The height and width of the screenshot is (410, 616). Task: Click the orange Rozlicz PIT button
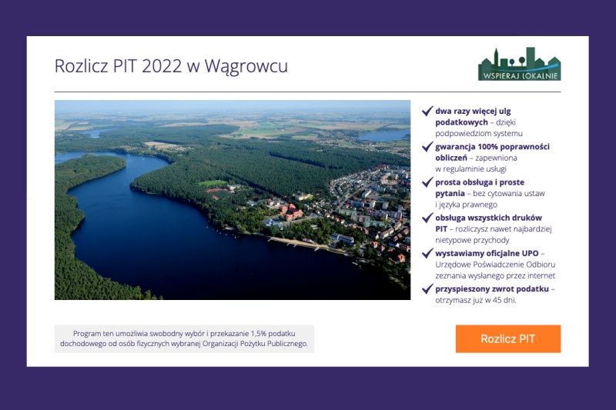point(508,338)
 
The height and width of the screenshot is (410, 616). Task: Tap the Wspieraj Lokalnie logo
point(519,64)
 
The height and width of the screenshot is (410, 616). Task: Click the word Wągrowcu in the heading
point(246,67)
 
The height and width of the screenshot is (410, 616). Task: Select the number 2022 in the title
point(162,66)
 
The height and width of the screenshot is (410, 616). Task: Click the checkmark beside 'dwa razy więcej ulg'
point(427,111)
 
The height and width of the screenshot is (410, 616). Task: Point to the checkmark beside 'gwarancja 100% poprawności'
point(427,147)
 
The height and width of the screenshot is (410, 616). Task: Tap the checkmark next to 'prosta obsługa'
point(427,182)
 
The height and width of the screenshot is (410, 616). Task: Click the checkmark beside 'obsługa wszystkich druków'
point(427,218)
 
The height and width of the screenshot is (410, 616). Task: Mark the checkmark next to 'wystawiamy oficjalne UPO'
point(427,253)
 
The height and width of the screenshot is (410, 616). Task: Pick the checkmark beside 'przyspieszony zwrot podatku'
point(427,289)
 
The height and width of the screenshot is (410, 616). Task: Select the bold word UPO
point(531,253)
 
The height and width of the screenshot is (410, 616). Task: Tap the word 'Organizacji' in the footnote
point(219,344)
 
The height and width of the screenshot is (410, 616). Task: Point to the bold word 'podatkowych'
point(461,122)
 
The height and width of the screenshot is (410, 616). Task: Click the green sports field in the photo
point(213,183)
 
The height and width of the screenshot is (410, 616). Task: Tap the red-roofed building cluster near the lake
point(291,212)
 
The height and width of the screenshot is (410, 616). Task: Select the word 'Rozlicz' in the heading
point(82,66)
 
